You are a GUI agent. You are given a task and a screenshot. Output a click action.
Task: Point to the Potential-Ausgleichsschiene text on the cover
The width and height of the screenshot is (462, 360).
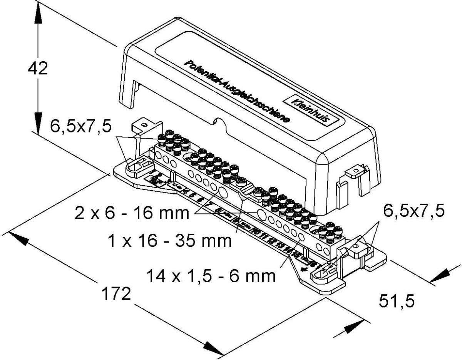tap(236, 91)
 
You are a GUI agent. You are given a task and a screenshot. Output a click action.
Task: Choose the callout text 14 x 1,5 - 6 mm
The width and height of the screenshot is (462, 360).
tap(211, 276)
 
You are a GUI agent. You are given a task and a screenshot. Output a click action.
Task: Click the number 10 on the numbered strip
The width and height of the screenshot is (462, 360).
tap(254, 231)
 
